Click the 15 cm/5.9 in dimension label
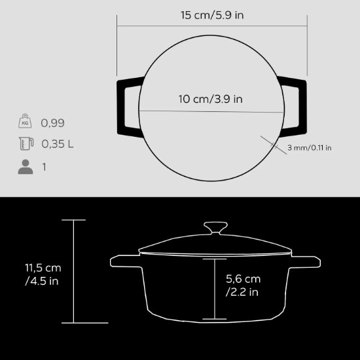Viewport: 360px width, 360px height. coord(213,14)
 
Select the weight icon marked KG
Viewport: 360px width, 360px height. coord(25,122)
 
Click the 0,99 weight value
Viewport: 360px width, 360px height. coord(53,123)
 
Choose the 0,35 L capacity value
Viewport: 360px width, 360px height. coord(57,145)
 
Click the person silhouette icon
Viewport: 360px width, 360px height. coord(25,167)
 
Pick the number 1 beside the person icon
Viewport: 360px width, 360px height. coord(44,167)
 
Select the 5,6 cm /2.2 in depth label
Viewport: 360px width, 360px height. coord(243,285)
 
